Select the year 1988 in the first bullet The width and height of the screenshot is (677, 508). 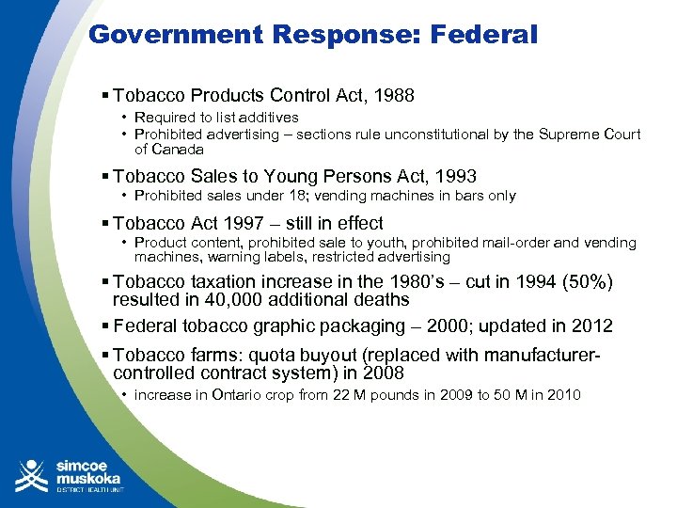(x=393, y=95)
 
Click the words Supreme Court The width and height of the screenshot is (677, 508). (x=590, y=135)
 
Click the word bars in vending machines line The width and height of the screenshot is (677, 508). (x=467, y=196)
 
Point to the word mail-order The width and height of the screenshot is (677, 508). (x=518, y=243)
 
